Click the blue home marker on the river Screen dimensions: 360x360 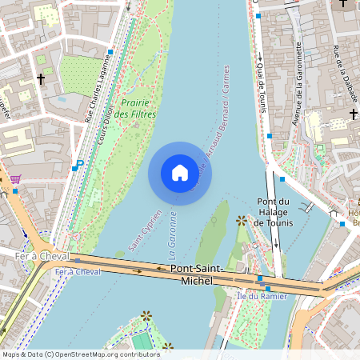coord(179,173)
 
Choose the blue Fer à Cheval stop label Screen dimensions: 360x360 coord(78,272)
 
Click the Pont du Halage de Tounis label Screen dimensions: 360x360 coord(276,211)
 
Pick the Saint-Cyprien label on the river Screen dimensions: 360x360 coord(146,227)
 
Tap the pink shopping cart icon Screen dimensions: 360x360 coord(15,179)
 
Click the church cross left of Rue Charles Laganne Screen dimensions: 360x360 coord(41,79)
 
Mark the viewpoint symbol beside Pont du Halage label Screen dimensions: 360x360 coord(242,220)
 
